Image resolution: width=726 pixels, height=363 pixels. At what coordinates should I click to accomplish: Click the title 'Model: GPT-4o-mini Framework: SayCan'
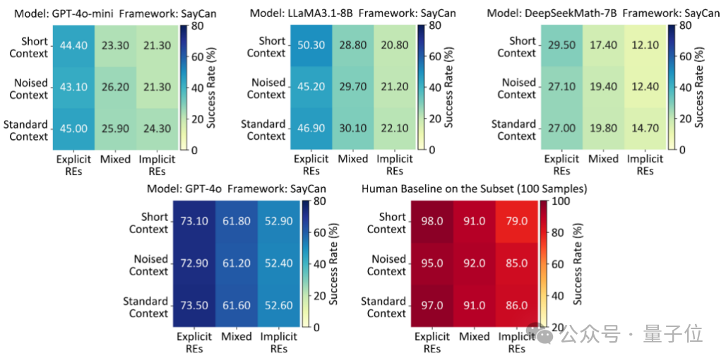(110, 13)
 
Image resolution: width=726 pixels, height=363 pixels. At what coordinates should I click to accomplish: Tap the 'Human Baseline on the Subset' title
(474, 189)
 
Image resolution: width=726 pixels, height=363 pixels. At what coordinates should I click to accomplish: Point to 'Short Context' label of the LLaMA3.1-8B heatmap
(266, 47)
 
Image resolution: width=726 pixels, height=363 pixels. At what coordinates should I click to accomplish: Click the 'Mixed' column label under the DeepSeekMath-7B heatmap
(603, 159)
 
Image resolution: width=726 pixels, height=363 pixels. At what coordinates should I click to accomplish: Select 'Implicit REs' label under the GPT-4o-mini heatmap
(157, 165)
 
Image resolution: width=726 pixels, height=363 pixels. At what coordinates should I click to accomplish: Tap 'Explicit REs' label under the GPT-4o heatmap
(194, 343)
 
